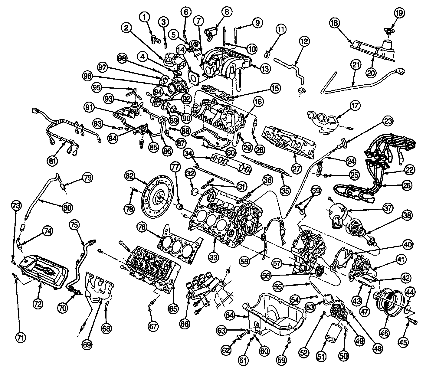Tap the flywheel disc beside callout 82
[158, 198]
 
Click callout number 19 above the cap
[399, 13]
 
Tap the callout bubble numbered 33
[213, 257]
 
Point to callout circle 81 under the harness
[52, 161]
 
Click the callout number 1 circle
[146, 17]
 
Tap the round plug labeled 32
[194, 191]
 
